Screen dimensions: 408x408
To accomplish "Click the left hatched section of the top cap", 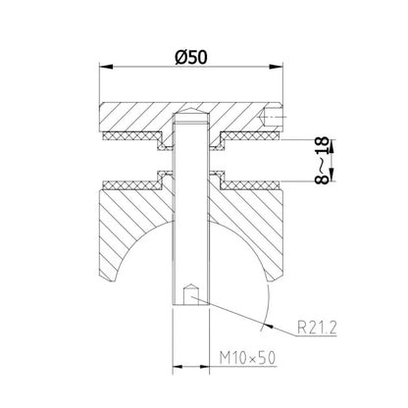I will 132,117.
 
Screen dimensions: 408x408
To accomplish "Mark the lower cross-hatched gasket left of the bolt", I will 137,182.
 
